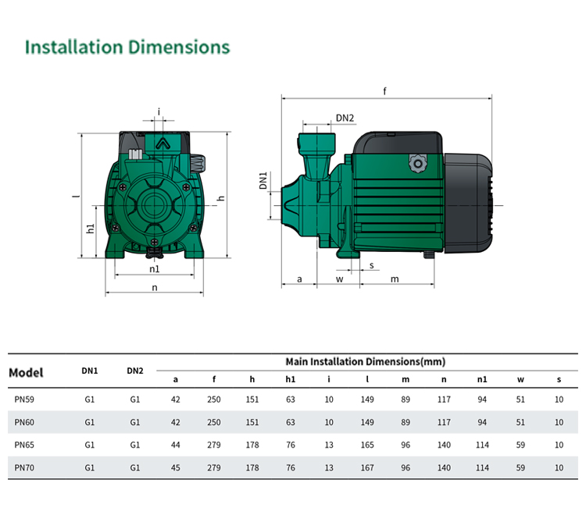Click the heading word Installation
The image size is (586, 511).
(x=73, y=47)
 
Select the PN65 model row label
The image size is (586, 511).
(x=24, y=445)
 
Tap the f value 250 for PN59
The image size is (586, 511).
(x=214, y=399)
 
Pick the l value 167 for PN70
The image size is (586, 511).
(x=367, y=467)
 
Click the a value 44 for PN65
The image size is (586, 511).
(x=175, y=445)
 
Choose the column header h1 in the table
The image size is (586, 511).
(x=291, y=379)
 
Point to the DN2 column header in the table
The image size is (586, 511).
(x=135, y=371)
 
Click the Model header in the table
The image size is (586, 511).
(x=26, y=372)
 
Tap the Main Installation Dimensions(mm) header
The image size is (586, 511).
(x=366, y=362)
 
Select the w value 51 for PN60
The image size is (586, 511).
(x=520, y=422)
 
